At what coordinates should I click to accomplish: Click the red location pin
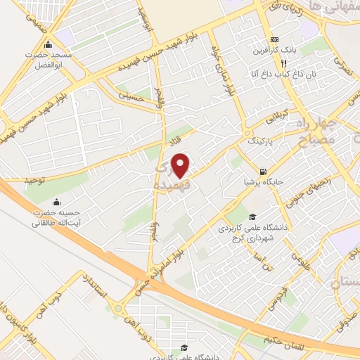181,165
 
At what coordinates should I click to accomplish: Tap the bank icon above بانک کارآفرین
276,39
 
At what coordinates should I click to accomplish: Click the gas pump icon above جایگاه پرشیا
263,171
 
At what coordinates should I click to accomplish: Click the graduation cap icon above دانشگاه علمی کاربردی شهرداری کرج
252,217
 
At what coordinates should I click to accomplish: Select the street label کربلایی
275,117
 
